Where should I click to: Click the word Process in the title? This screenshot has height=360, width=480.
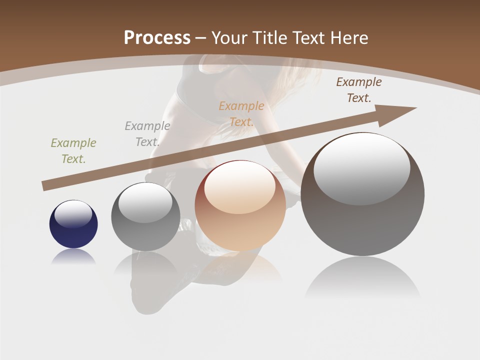tap(157, 38)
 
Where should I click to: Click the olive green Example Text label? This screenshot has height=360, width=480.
tap(73, 151)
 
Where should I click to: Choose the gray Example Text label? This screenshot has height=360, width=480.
tap(147, 134)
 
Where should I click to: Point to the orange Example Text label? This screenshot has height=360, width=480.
tap(241, 114)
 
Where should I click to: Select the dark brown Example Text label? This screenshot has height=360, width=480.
tap(359, 90)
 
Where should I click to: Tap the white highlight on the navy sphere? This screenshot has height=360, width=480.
tap(73, 213)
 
